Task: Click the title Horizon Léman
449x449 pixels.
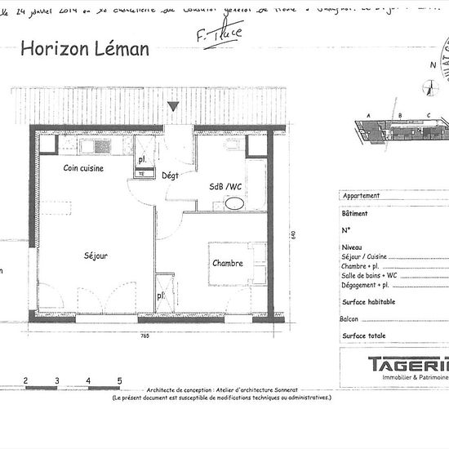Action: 84,48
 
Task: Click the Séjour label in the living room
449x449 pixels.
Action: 96,256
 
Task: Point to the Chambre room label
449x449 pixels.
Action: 228,264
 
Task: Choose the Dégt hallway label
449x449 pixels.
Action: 170,176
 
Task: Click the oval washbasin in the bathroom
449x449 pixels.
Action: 234,203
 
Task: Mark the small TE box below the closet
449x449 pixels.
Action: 141,174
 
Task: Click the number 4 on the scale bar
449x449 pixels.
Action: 88,380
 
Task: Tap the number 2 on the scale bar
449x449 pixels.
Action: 25,380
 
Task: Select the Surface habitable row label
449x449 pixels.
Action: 369,302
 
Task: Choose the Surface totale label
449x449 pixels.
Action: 364,336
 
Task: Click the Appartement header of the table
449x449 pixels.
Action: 362,197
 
